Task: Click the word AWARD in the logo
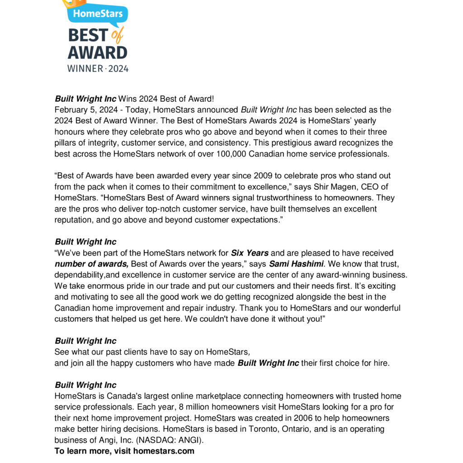point(98,52)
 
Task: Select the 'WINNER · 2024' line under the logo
point(98,69)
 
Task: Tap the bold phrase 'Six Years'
point(250,253)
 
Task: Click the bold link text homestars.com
point(164,451)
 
